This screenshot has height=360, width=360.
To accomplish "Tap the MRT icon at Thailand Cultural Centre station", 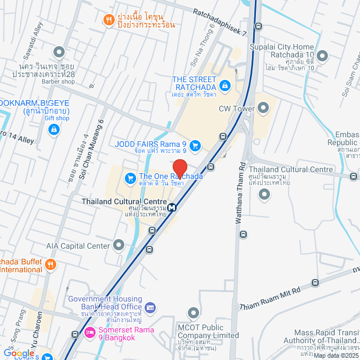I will [172, 207].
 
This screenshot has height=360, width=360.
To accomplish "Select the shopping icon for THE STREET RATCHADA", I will [225, 85].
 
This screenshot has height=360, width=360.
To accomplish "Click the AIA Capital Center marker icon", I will [118, 245].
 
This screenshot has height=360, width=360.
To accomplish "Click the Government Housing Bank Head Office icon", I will [150, 307].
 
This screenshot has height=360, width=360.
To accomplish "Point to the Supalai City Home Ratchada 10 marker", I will [323, 56].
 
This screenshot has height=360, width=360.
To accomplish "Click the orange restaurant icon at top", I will [109, 21].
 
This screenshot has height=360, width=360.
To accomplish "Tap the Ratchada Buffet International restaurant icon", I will [51, 264].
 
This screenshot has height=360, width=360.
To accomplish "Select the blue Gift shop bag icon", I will [54, 130].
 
